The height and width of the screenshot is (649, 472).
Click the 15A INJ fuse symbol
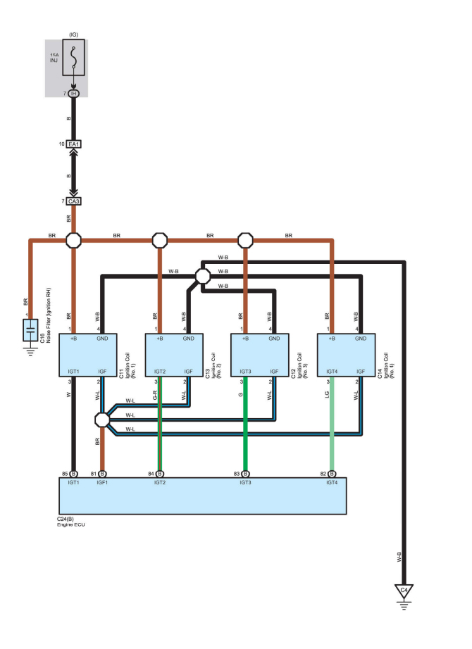pos(73,57)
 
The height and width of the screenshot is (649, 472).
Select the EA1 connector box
pos(73,144)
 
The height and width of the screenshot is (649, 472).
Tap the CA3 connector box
pos(73,201)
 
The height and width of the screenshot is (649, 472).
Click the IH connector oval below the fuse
pos(73,94)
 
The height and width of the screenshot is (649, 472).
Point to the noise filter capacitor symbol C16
pos(30,331)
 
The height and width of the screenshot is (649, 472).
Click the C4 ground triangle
pos(404,590)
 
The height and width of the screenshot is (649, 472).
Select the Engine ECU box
pos(202,496)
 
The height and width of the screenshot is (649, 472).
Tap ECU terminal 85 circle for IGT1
pos(73,473)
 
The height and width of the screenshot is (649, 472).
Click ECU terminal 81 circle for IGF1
pos(102,473)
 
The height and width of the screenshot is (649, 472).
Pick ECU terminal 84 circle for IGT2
pos(160,473)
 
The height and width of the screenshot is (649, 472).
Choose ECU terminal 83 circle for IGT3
pos(246,473)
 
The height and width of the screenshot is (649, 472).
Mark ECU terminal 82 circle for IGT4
pos(332,473)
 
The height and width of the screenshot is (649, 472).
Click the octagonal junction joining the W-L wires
pos(102,420)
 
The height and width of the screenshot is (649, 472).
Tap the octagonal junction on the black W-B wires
pos(202,275)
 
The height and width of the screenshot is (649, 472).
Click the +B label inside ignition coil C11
pos(74,339)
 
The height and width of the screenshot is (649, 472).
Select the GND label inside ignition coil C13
pos(188,339)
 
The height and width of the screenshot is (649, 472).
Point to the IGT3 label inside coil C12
pos(245,370)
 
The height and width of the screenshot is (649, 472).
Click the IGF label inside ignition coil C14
pos(360,370)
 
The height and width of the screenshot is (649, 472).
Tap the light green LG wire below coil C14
pos(332,422)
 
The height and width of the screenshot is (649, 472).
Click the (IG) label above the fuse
pos(73,33)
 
